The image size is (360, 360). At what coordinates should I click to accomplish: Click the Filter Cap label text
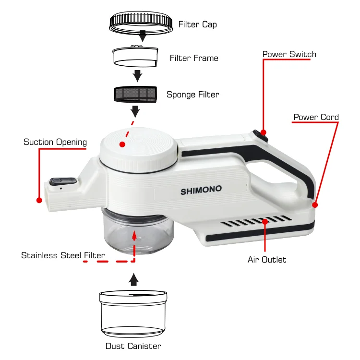[x=197, y=24]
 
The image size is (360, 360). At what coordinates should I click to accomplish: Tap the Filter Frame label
[x=194, y=58]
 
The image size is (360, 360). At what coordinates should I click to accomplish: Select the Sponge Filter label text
[x=192, y=95]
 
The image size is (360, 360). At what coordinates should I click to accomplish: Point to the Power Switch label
[x=289, y=54]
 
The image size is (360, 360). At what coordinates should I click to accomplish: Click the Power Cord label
[x=316, y=117]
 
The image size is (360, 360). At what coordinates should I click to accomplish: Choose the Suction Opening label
[x=55, y=142]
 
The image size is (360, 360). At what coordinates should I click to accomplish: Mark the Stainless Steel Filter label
[x=63, y=255]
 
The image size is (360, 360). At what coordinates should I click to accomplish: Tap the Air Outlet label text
[x=267, y=260]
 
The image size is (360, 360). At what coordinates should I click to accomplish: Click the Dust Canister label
[x=133, y=346]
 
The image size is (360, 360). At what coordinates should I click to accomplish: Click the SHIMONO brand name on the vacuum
[x=201, y=190]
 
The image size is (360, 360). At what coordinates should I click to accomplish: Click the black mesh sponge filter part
[x=134, y=93]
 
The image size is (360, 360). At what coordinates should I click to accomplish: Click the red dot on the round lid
[x=122, y=144]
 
